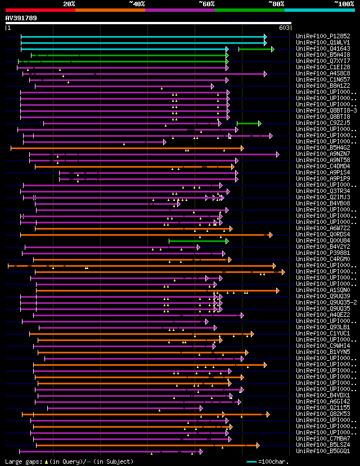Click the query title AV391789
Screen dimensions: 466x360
click(21, 18)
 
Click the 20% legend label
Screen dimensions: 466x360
click(69, 3)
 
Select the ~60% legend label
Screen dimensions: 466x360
click(206, 3)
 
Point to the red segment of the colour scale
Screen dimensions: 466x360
click(40, 10)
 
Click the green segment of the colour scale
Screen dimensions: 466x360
click(249, 10)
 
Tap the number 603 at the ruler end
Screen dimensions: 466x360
click(284, 28)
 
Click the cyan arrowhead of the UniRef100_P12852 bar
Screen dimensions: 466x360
click(265, 36)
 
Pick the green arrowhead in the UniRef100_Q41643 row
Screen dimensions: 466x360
click(272, 49)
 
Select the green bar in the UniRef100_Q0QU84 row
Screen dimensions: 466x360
click(197, 241)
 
